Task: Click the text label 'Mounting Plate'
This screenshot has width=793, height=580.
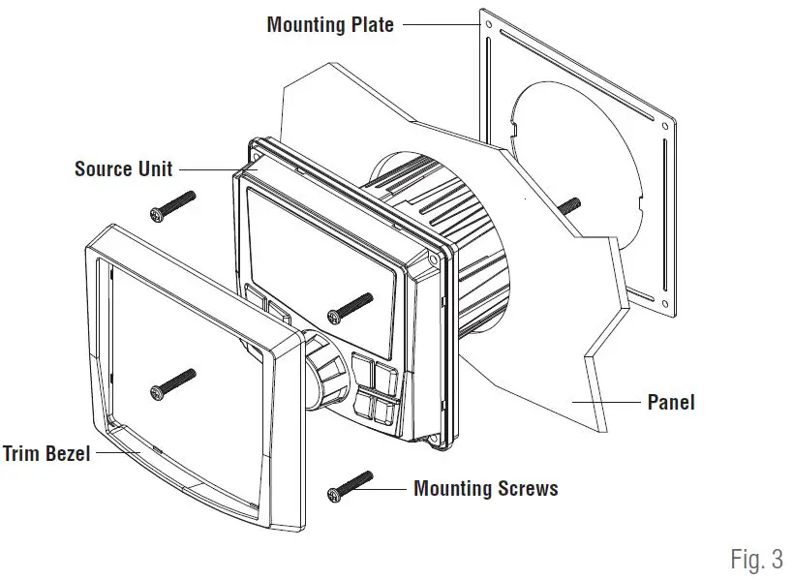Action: pyautogui.click(x=329, y=24)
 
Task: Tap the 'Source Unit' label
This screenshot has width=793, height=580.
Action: pyautogui.click(x=123, y=168)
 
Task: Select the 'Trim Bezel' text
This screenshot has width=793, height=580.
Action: pyautogui.click(x=46, y=453)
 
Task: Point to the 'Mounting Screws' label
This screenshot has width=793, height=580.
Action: pyautogui.click(x=485, y=488)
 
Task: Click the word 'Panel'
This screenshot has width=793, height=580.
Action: pyautogui.click(x=671, y=401)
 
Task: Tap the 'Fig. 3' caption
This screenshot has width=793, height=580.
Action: pyautogui.click(x=755, y=559)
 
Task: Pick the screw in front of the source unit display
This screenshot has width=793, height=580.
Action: pyautogui.click(x=351, y=306)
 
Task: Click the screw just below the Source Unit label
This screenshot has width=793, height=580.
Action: pyautogui.click(x=172, y=204)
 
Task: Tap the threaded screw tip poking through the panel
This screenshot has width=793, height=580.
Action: pyautogui.click(x=570, y=204)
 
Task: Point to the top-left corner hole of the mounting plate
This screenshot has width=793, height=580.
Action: pyautogui.click(x=488, y=24)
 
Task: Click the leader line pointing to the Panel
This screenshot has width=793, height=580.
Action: pyautogui.click(x=605, y=401)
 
